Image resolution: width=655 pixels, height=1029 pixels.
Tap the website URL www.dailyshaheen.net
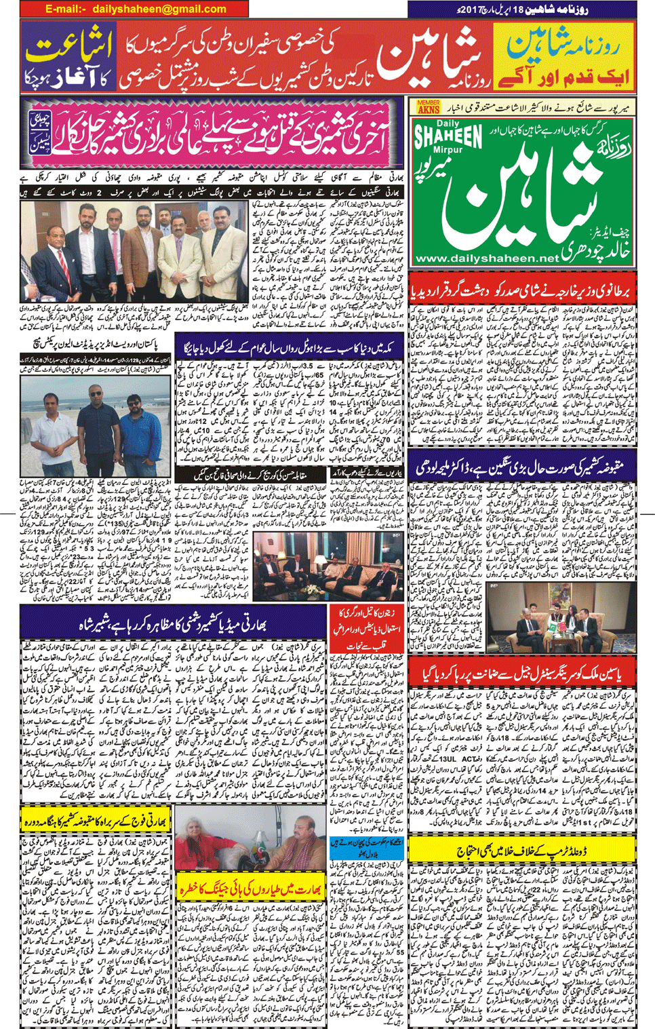pos(486,258)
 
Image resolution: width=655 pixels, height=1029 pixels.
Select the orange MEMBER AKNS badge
pos(429,106)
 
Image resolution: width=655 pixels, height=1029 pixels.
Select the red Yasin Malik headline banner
pos(522,673)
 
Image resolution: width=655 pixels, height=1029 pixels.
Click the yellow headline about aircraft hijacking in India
pos(251,889)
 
